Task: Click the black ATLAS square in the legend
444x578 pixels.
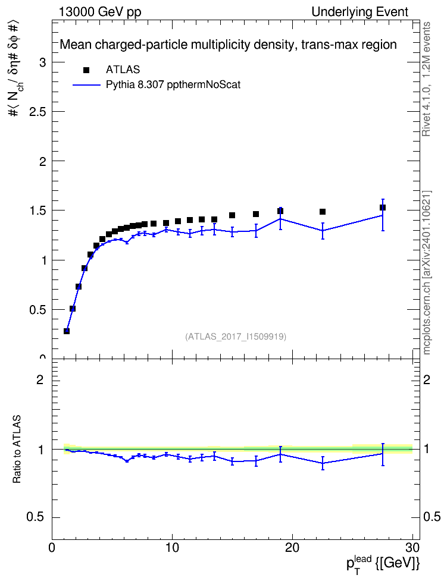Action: (x=86, y=70)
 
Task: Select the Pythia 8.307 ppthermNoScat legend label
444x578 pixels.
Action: (x=173, y=85)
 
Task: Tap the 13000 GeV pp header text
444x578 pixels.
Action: (x=99, y=12)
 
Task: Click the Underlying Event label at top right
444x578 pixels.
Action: (x=360, y=12)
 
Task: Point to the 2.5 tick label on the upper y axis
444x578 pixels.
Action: (x=37, y=112)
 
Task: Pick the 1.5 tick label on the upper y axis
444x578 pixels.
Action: (x=37, y=211)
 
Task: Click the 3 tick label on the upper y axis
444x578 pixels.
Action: (x=43, y=62)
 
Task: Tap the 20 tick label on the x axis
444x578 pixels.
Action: (x=292, y=548)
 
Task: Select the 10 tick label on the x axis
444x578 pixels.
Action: (x=172, y=548)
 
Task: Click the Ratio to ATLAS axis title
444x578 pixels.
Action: (x=17, y=450)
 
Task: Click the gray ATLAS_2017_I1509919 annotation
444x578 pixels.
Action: (x=236, y=337)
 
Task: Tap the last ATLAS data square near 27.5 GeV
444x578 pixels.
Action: (x=382, y=208)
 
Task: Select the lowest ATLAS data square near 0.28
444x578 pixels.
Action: (x=67, y=331)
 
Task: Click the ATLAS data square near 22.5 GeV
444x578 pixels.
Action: (x=322, y=212)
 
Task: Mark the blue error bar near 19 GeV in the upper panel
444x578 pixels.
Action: (x=280, y=219)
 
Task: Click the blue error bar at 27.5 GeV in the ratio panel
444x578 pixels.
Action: (x=383, y=454)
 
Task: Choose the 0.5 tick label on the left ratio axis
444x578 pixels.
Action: (x=36, y=517)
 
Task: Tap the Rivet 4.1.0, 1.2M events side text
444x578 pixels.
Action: (x=426, y=79)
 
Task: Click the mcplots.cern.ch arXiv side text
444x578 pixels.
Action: (x=427, y=272)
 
